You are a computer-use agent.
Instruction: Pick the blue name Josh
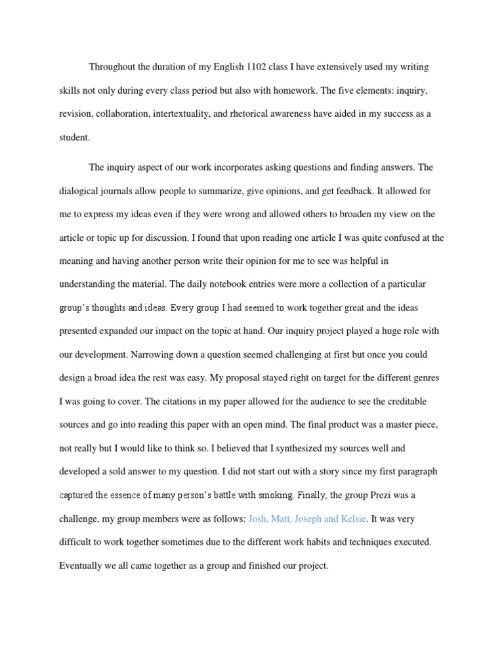coord(259,519)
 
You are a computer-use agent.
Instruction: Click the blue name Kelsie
coord(353,519)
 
